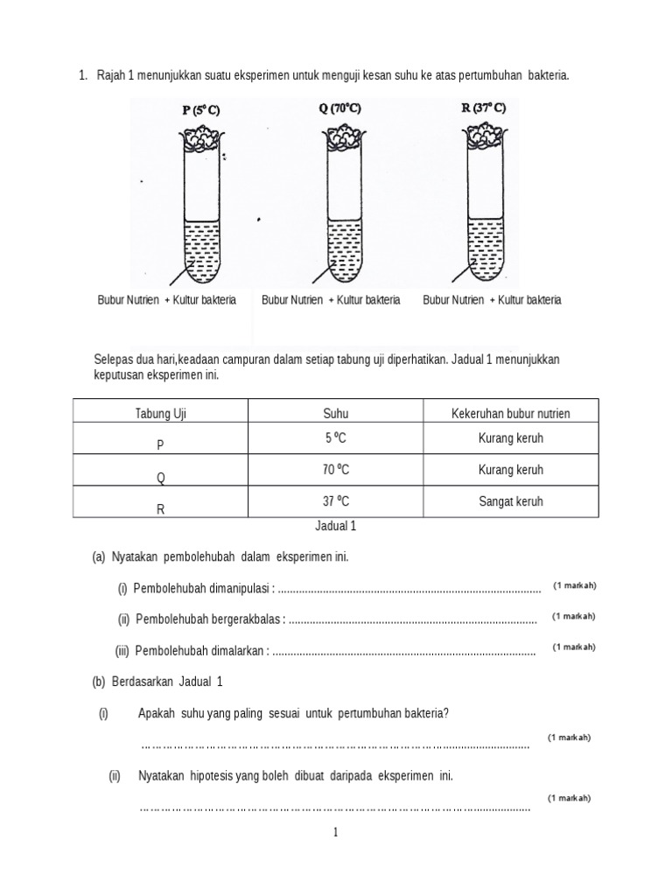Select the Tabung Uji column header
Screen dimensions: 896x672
click(x=160, y=412)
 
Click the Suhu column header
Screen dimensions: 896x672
click(x=336, y=412)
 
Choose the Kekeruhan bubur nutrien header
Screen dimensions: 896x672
click(x=511, y=412)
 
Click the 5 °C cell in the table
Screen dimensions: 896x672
click(x=336, y=437)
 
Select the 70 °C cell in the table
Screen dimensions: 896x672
click(x=336, y=470)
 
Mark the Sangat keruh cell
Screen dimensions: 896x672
click(x=511, y=501)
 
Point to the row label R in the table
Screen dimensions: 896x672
click(x=160, y=508)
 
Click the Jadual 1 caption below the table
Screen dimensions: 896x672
click(x=336, y=527)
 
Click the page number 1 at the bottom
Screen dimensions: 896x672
click(x=335, y=833)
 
